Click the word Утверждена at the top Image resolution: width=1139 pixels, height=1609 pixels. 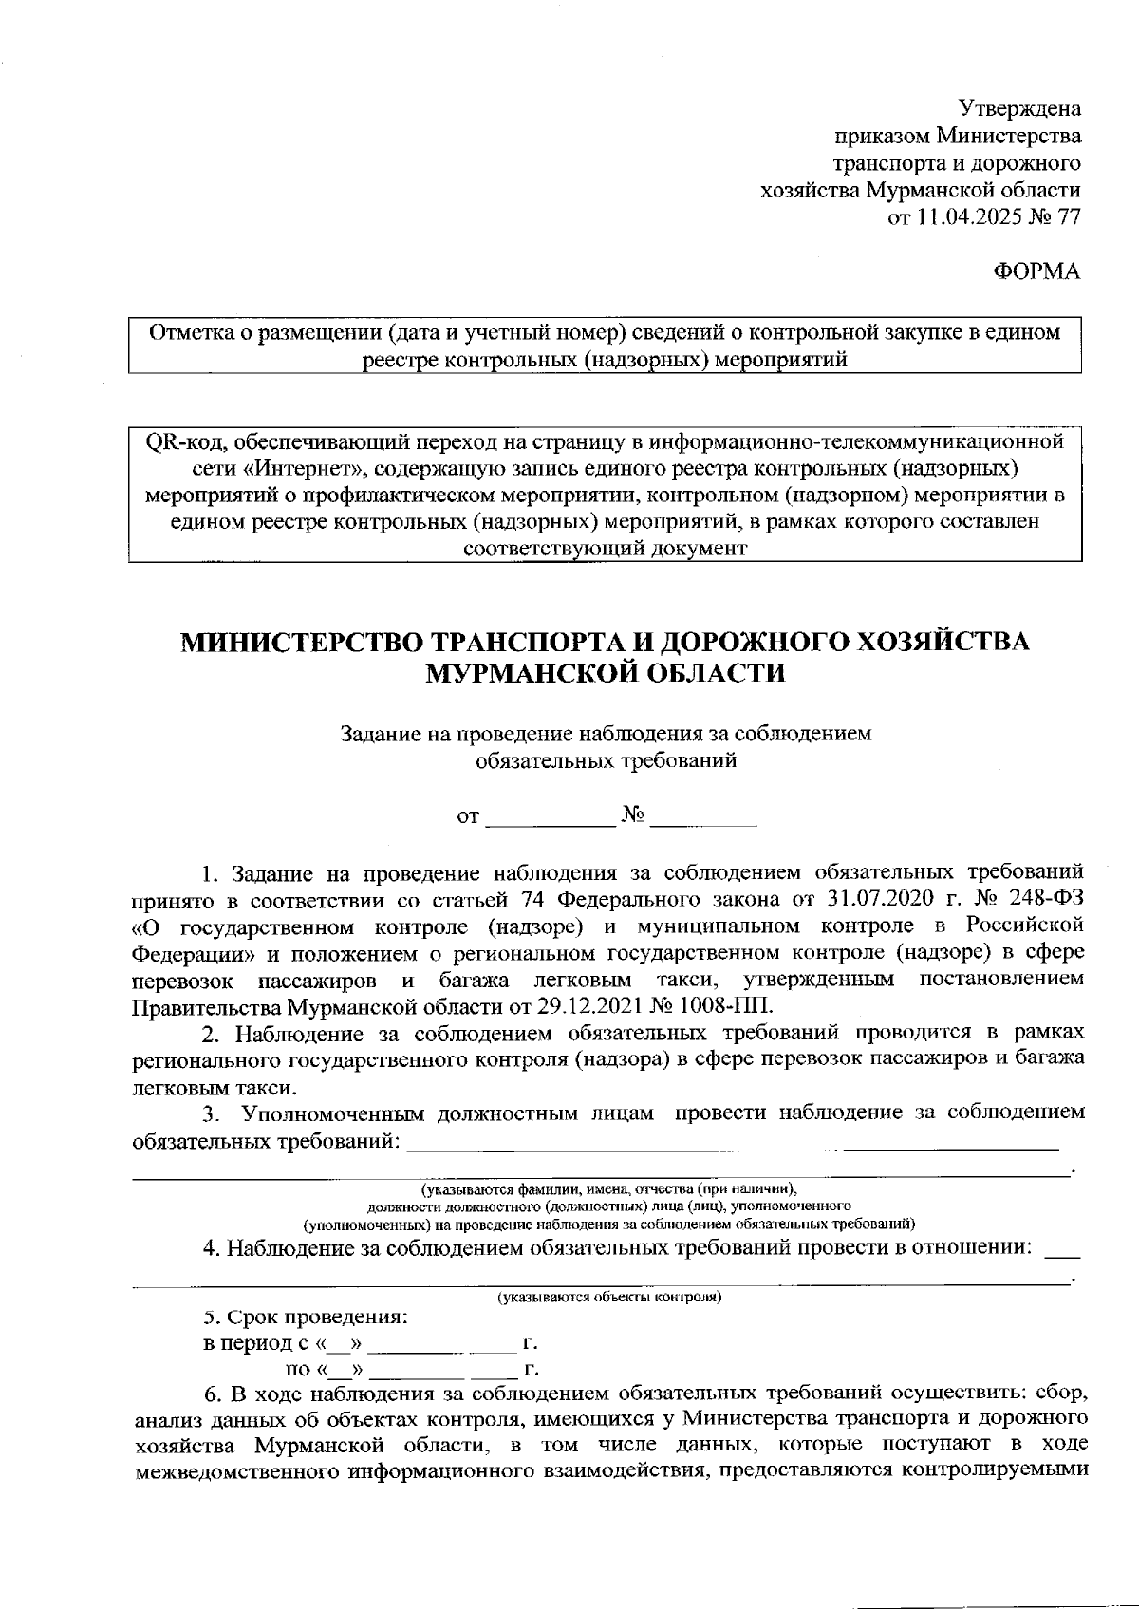[1019, 108]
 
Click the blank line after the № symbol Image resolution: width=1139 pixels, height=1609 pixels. [703, 817]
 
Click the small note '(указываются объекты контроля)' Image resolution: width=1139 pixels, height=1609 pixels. [610, 1297]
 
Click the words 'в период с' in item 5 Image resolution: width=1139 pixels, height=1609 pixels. [258, 1345]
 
